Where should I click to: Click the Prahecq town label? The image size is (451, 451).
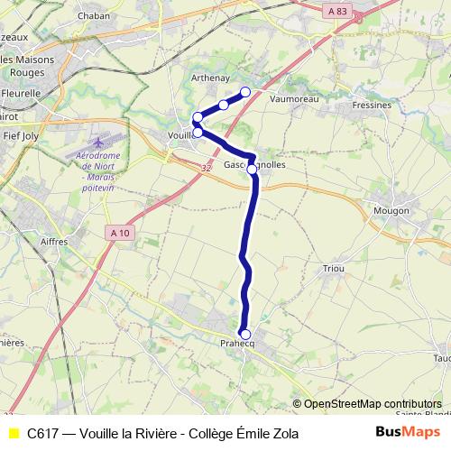[237, 344]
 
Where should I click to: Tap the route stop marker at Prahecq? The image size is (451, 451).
[245, 334]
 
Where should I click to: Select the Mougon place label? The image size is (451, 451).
[391, 210]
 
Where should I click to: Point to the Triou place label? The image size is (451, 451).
[334, 269]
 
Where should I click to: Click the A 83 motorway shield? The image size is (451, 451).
[337, 11]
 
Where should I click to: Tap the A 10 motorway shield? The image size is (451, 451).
[118, 233]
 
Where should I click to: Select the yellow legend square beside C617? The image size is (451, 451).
[14, 433]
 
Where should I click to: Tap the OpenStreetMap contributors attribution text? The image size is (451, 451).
[373, 404]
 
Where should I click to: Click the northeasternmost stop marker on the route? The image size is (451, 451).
[245, 91]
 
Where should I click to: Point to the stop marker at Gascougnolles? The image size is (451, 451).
[253, 168]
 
